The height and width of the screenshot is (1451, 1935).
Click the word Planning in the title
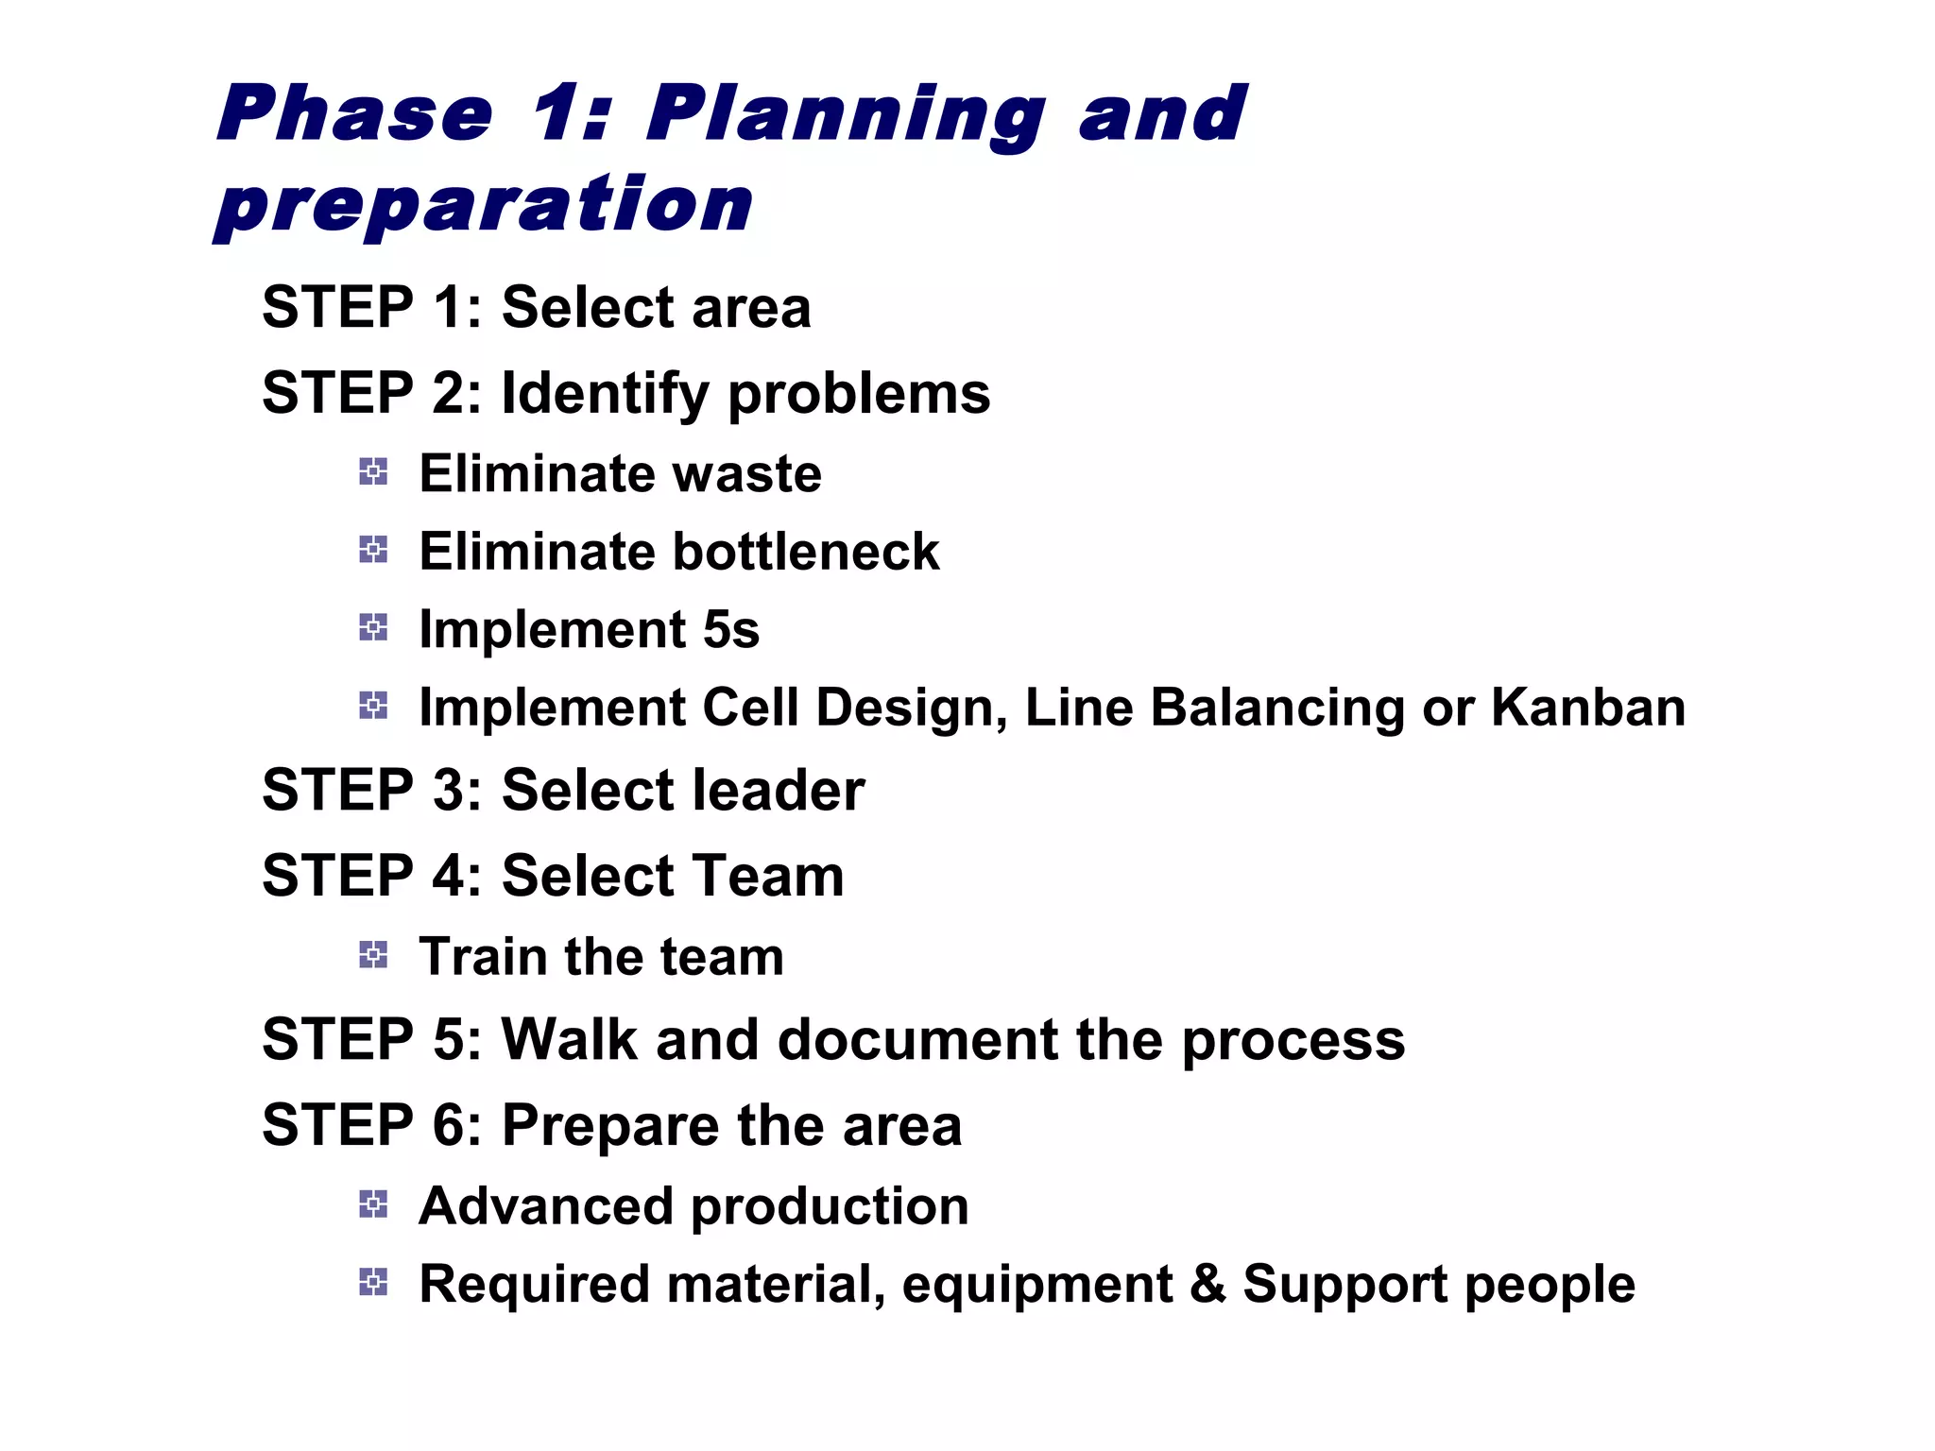tap(846, 115)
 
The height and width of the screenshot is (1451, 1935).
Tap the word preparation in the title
tap(483, 205)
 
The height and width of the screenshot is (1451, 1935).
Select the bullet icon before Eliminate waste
tap(373, 471)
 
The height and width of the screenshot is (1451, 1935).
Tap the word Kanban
tap(1588, 708)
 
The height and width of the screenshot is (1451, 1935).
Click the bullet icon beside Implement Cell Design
tap(373, 705)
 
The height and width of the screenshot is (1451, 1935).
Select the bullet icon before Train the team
tap(373, 954)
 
